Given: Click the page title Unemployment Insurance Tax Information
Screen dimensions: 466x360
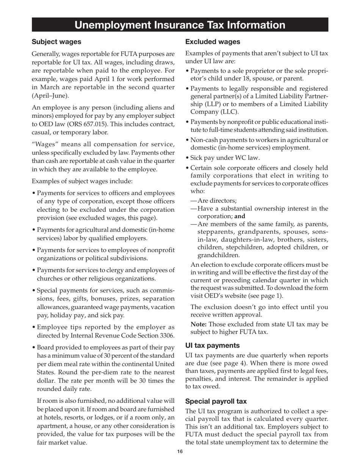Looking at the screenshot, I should (x=180, y=25).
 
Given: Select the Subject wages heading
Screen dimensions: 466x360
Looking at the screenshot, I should (x=56, y=42).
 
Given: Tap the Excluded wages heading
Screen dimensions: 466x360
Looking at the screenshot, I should (x=213, y=42).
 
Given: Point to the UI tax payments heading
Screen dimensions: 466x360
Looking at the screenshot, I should (x=212, y=345).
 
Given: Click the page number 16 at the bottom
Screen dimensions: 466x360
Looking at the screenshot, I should (x=180, y=452).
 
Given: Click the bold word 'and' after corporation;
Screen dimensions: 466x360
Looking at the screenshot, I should (x=240, y=216).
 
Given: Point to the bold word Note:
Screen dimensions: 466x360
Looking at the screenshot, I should (x=199, y=324).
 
